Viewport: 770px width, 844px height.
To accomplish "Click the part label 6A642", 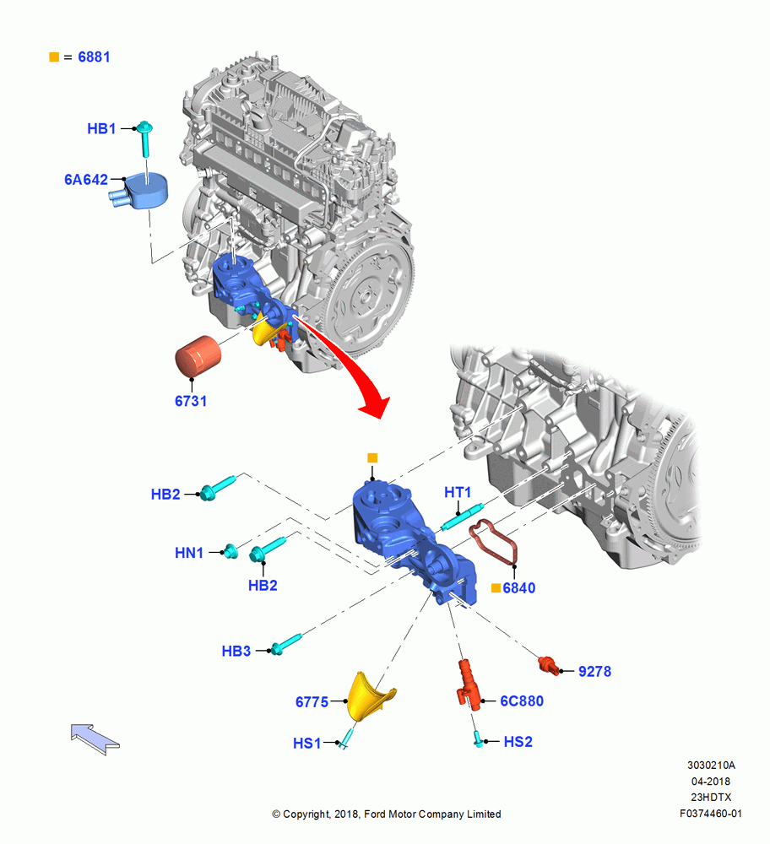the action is point(86,180).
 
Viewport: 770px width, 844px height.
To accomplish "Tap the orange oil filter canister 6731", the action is point(198,355).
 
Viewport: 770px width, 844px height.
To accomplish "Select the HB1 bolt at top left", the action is point(145,138).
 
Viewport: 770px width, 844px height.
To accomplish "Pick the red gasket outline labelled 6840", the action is point(494,542).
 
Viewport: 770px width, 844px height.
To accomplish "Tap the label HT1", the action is point(458,493).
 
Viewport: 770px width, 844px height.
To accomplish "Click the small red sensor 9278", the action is point(549,664).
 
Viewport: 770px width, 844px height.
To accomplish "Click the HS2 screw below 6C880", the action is point(478,738).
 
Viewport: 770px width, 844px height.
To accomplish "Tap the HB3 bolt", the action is point(285,644).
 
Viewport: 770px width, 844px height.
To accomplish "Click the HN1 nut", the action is point(231,551).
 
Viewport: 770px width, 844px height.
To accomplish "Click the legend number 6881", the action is point(95,57).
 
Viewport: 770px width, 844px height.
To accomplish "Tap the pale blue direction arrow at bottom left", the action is point(95,739).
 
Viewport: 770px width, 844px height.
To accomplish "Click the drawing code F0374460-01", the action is point(711,814).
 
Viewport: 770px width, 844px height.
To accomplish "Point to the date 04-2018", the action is point(711,781).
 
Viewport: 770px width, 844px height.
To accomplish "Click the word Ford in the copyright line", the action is point(375,814).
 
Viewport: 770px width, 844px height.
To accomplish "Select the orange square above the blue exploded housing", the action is point(372,458).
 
